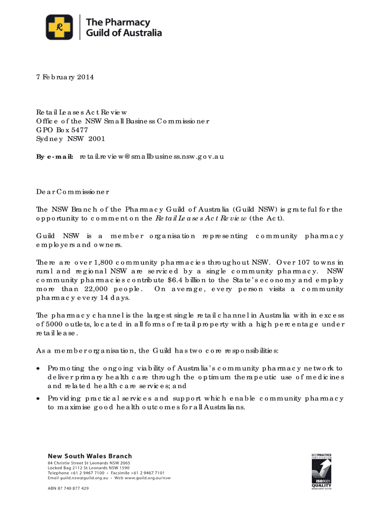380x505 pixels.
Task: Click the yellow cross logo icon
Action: (59, 27)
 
